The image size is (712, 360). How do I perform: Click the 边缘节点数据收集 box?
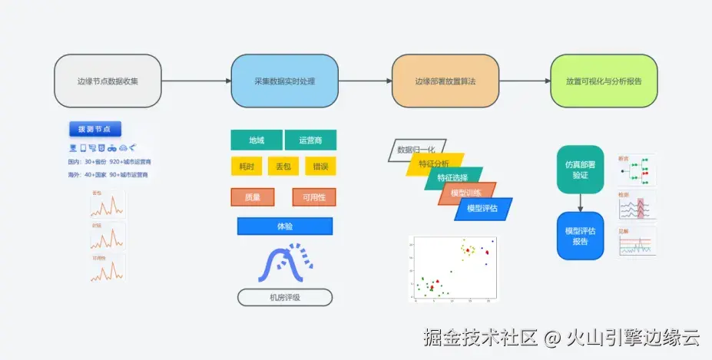[x=108, y=81]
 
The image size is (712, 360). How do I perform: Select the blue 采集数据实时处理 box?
[x=284, y=81]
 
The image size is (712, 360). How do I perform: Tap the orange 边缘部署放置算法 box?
[x=445, y=81]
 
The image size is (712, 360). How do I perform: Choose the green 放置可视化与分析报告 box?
[x=604, y=81]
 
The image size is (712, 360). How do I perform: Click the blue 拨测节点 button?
[x=94, y=129]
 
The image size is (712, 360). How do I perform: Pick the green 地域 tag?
[x=256, y=140]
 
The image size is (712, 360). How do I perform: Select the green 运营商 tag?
[x=310, y=140]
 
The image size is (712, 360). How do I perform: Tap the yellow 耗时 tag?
[x=247, y=167]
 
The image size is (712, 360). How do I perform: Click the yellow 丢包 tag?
[x=282, y=167]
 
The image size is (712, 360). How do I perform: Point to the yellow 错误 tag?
[x=320, y=167]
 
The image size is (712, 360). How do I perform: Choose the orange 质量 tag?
[x=253, y=197]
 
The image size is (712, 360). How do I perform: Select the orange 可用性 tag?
[x=314, y=197]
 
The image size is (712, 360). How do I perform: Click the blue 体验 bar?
[x=285, y=226]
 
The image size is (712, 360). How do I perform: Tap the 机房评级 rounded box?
[x=285, y=298]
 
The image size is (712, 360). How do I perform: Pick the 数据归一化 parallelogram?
[x=416, y=150]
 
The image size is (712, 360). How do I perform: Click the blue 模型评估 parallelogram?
[x=483, y=209]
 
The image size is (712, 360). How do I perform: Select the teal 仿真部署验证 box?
[x=580, y=169]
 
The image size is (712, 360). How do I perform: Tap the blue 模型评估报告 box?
[x=580, y=236]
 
